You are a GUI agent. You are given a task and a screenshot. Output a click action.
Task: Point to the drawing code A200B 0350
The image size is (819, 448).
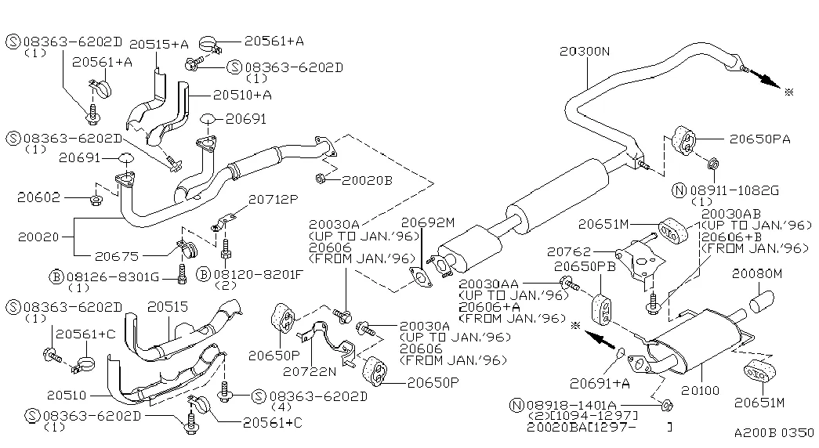click(774, 432)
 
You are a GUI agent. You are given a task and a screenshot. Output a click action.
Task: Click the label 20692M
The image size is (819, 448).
click(427, 222)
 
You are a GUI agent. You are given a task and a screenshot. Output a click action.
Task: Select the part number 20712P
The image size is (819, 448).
click(272, 201)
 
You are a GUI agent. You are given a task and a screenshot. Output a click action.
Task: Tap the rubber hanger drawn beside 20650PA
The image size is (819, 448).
click(685, 142)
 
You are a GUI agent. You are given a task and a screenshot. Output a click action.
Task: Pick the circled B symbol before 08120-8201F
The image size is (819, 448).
click(203, 276)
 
